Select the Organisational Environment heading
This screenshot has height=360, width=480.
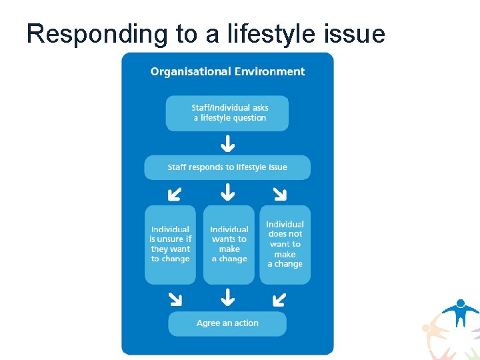tap(227, 71)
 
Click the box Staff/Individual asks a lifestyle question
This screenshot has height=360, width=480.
tap(227, 113)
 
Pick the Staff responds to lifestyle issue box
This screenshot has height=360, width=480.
tap(227, 167)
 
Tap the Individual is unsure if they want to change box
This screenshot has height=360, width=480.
tap(170, 244)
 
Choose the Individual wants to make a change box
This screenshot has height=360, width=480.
tap(229, 244)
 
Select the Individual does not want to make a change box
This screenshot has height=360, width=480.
tap(285, 244)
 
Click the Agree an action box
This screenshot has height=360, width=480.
tap(227, 323)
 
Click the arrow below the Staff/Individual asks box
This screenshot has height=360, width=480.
tap(228, 143)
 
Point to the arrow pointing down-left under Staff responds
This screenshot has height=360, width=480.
tap(174, 193)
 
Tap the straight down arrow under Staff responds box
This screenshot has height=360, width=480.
tap(228, 193)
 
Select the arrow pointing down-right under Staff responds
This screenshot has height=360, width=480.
tap(280, 193)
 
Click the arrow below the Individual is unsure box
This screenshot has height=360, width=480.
tap(175, 297)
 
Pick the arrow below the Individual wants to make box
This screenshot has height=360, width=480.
tap(228, 297)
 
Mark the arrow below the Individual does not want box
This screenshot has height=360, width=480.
tap(280, 297)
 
